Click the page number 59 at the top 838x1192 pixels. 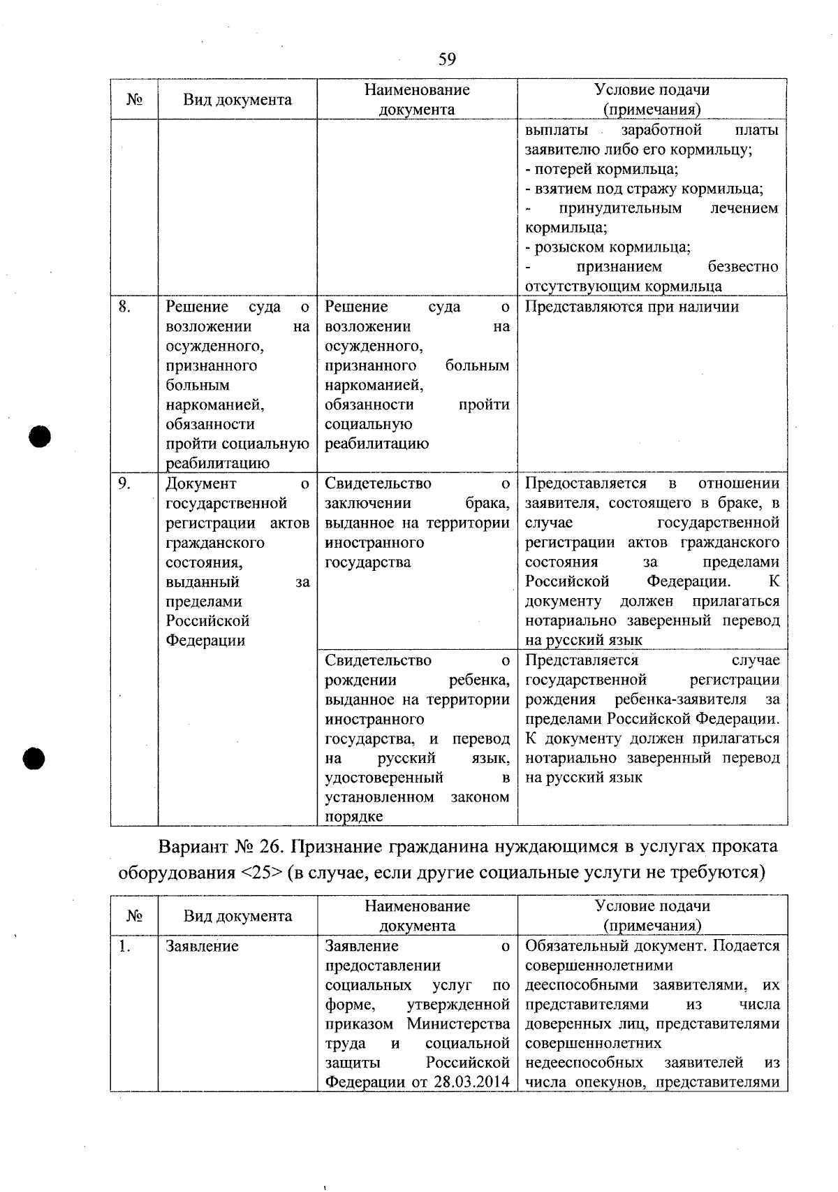pyautogui.click(x=447, y=59)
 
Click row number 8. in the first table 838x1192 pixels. pyautogui.click(x=124, y=307)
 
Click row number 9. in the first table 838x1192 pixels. pyautogui.click(x=124, y=484)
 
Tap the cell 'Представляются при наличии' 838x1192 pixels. pyautogui.click(x=631, y=307)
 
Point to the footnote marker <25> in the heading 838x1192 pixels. pyautogui.click(x=259, y=873)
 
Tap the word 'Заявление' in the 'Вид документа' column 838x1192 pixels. pyautogui.click(x=202, y=946)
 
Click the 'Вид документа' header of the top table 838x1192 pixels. pyautogui.click(x=237, y=99)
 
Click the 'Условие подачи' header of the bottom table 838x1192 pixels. pyautogui.click(x=652, y=906)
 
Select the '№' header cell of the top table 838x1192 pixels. pyautogui.click(x=134, y=99)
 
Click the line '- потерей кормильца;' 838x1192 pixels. pyautogui.click(x=601, y=169)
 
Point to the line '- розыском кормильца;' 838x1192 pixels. pyautogui.click(x=608, y=247)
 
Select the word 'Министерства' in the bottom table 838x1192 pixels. pyautogui.click(x=458, y=1024)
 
